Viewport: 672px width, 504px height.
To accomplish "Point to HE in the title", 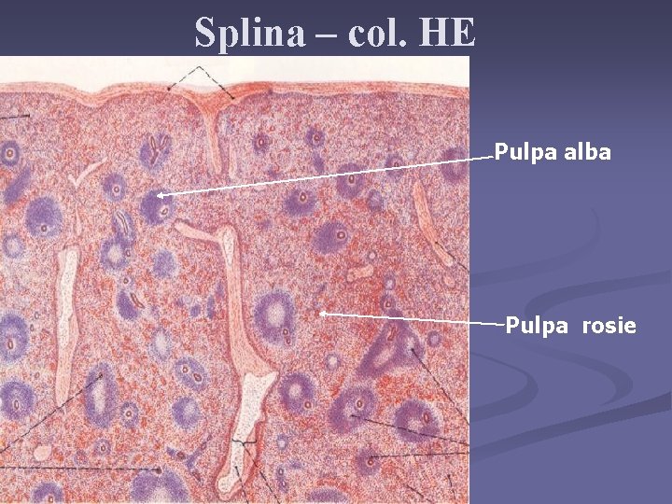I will click(x=449, y=34).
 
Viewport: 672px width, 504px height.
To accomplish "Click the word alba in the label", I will click(x=587, y=152).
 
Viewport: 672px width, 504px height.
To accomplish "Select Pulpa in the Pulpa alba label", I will click(x=525, y=152).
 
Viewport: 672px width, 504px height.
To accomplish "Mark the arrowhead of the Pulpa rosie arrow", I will click(x=323, y=314).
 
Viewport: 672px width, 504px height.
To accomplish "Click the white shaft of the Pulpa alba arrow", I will click(x=327, y=176).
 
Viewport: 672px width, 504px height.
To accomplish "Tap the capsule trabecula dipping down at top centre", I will click(x=216, y=135).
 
